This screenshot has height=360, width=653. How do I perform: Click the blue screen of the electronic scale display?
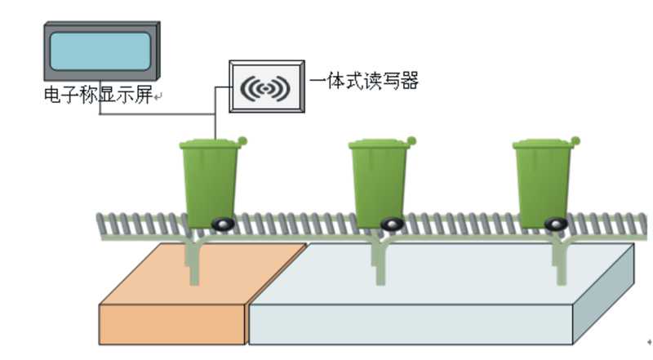(100, 51)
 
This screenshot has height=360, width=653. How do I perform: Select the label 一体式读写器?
(364, 81)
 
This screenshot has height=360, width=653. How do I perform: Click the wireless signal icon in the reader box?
(267, 87)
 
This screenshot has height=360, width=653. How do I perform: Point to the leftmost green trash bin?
(210, 184)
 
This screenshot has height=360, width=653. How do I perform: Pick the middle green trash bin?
(379, 184)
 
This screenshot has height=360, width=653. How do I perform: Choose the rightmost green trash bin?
(543, 184)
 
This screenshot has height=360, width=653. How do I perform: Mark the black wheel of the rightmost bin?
(555, 223)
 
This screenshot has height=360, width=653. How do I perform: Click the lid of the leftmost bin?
(211, 145)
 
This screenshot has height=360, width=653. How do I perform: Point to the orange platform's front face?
(171, 324)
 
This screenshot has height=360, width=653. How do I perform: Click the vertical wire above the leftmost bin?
(215, 122)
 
